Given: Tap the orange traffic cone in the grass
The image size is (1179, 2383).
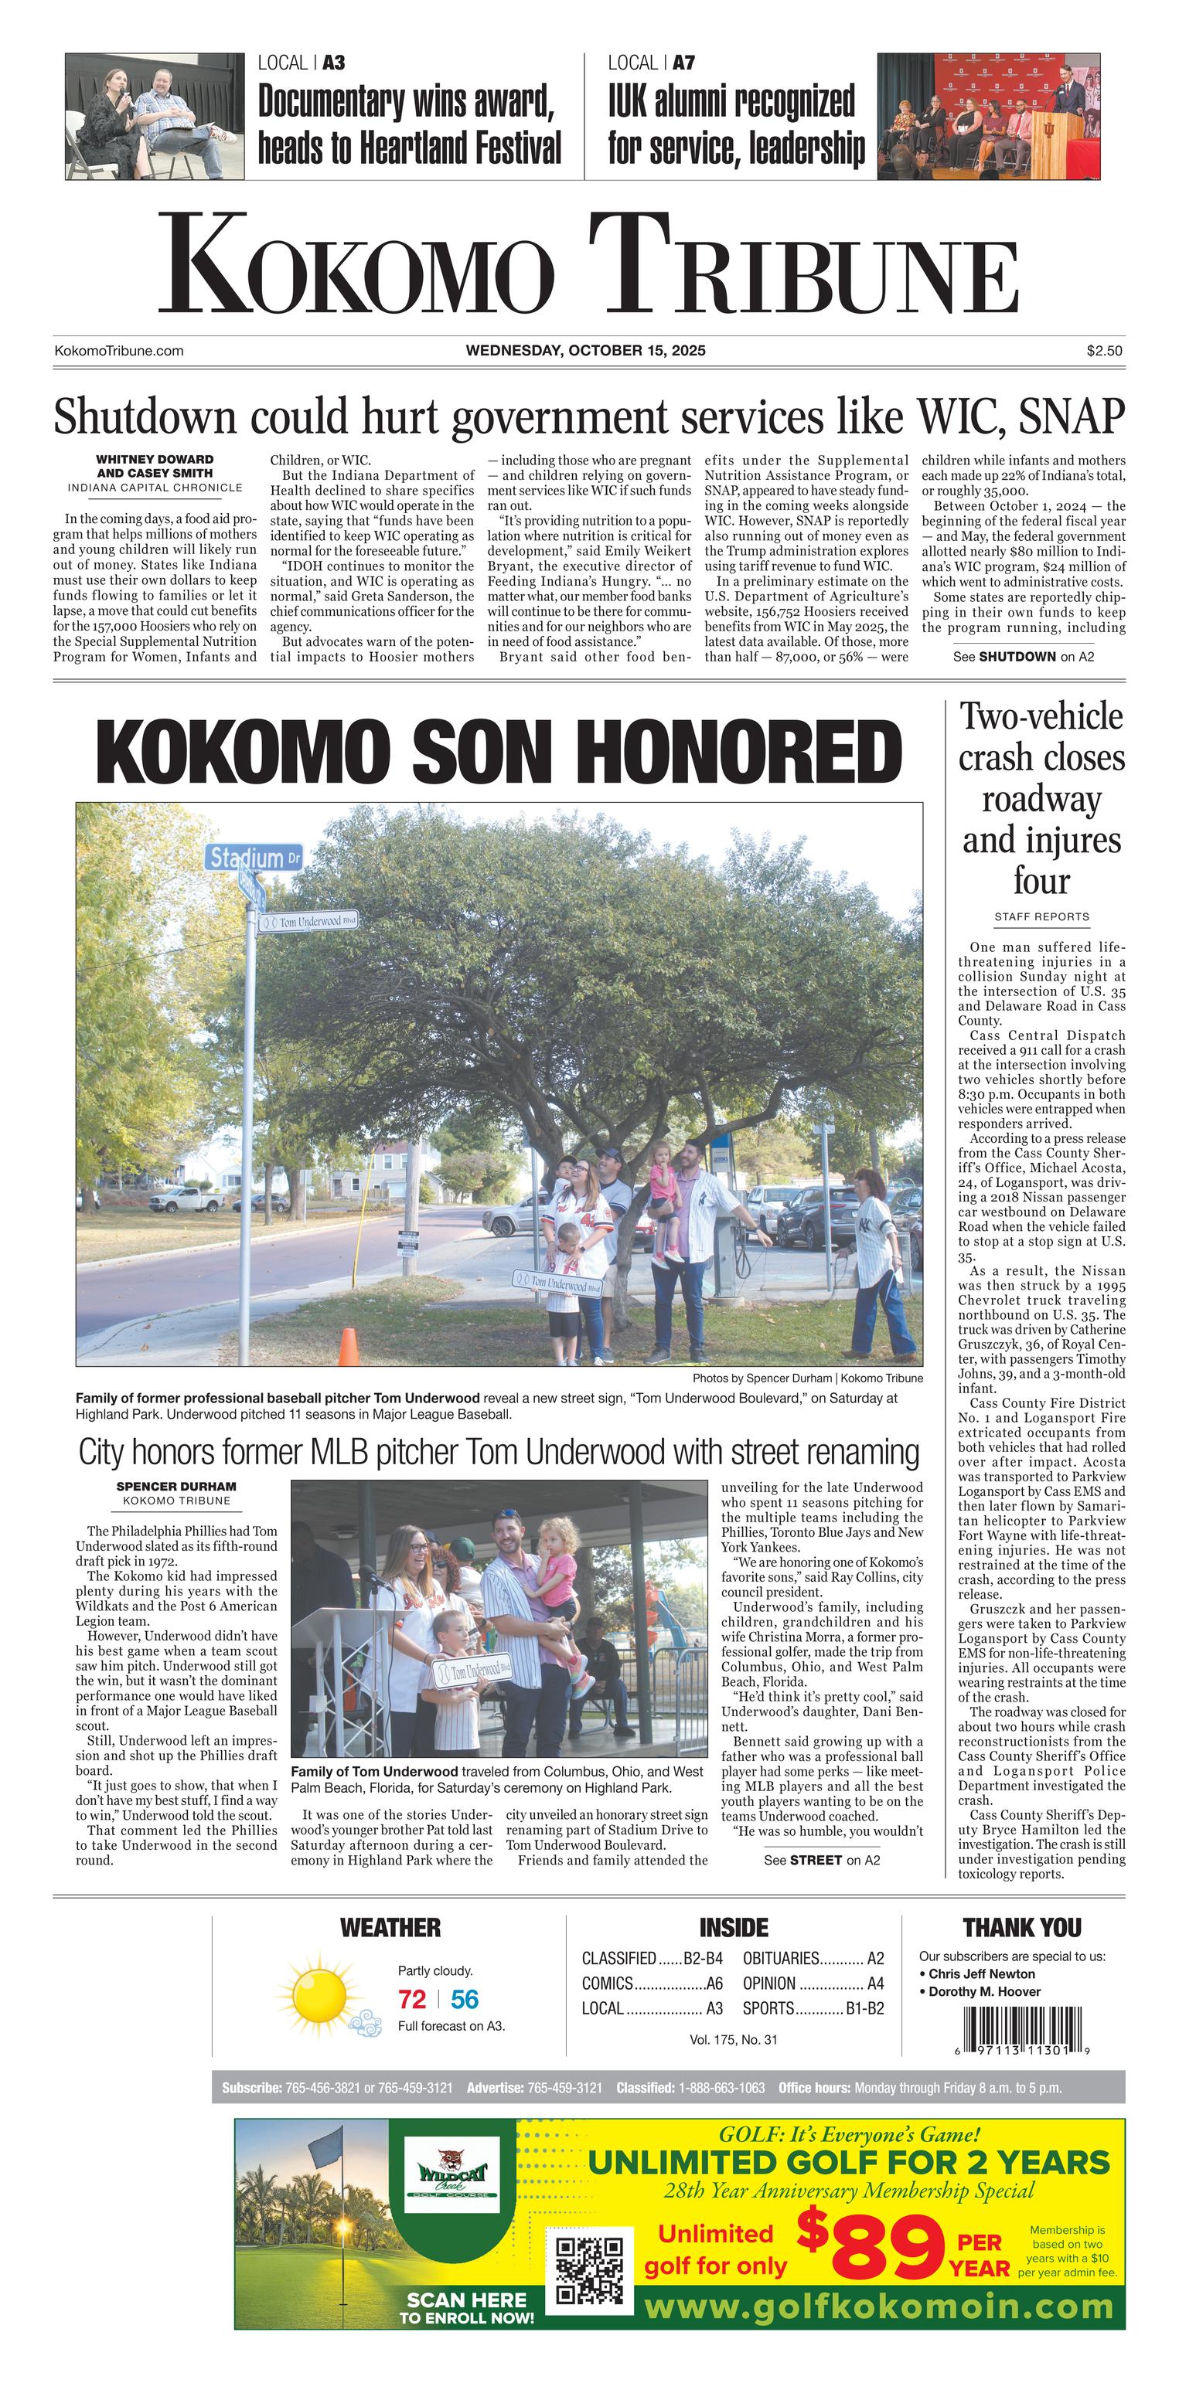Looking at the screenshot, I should pyautogui.click(x=348, y=1347).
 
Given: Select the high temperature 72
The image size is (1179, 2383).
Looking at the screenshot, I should pyautogui.click(x=412, y=2000).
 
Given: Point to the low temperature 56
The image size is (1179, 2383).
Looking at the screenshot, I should pyautogui.click(x=465, y=2000).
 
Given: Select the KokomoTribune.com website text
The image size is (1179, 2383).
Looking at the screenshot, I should pyautogui.click(x=119, y=351).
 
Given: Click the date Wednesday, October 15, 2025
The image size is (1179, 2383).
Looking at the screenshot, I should pyautogui.click(x=586, y=351).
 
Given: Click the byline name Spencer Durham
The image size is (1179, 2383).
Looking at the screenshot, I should pyautogui.click(x=175, y=1487).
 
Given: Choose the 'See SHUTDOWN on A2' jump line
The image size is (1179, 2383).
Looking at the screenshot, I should pyautogui.click(x=1023, y=657).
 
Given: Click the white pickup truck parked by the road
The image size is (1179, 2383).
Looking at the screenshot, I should pyautogui.click(x=187, y=1200).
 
